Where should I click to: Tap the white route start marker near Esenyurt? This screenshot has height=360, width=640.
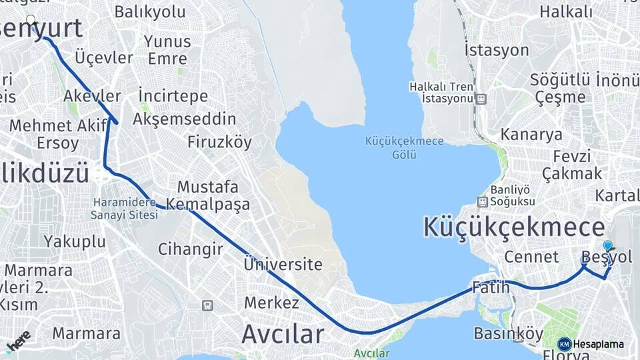pos(31,20)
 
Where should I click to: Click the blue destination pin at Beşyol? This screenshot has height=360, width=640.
pos(607,246)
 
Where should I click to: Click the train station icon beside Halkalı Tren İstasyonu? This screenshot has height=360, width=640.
pos(481,99)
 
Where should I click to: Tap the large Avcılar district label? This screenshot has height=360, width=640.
pos(283,333)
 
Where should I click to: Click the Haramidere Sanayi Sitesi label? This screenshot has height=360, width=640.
pos(125,208)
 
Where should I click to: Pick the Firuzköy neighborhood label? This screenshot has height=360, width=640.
pos(219,142)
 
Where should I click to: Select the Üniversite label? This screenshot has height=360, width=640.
pos(283,264)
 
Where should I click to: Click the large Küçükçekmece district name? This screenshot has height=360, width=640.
pos(514,227)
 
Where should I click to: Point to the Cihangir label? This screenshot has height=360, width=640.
pos(190,249)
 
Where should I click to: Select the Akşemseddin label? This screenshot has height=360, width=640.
pos(185,119)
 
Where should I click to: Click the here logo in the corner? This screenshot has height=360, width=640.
pos(18,340)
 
